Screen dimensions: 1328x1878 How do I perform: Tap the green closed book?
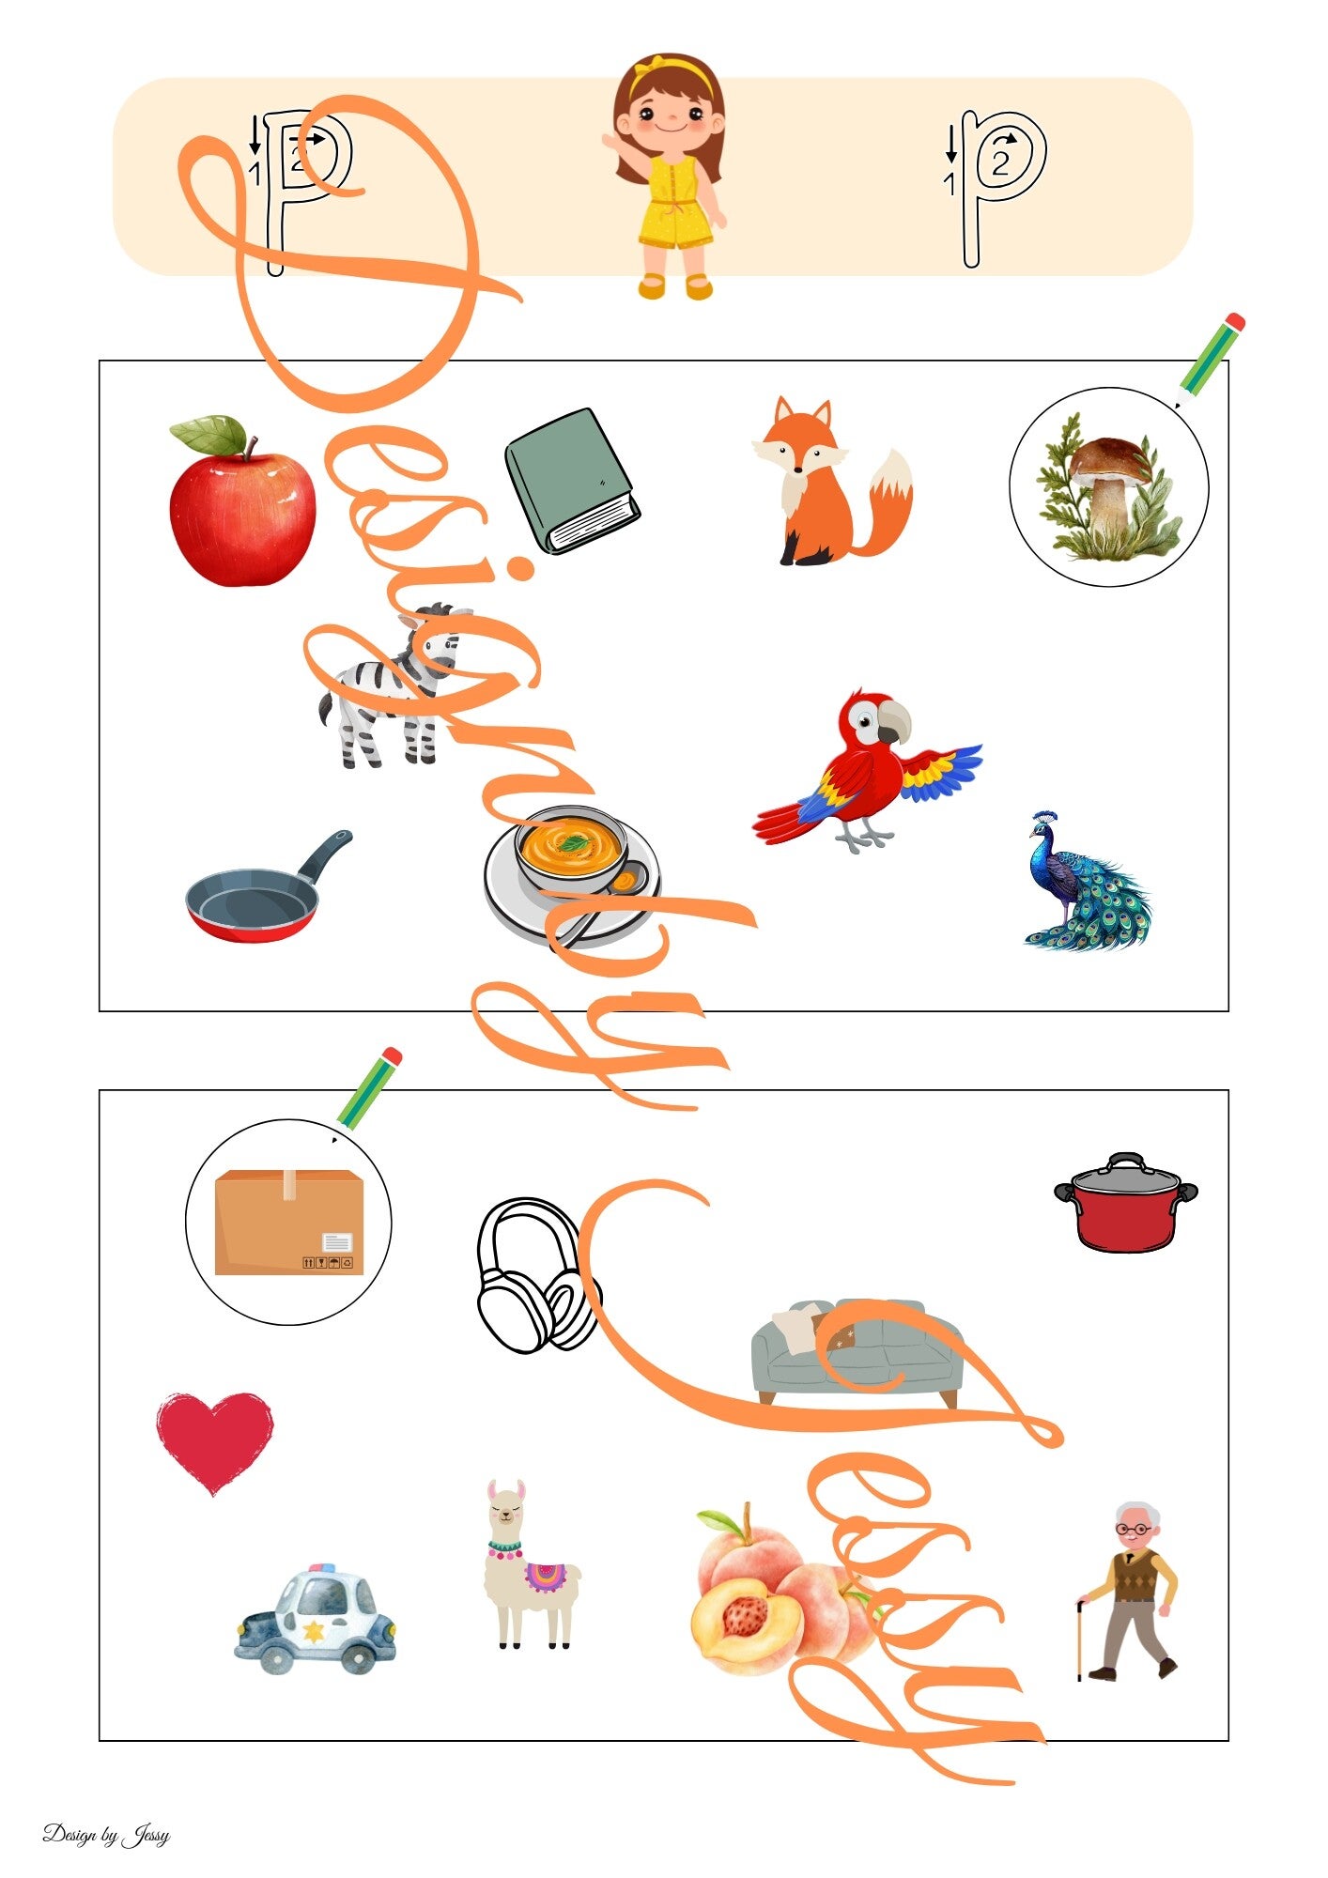pos(572,481)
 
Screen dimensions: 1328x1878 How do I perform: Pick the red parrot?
pos(867,772)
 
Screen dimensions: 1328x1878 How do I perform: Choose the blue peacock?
pos(1085,882)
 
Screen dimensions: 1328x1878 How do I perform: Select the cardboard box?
pos(288,1222)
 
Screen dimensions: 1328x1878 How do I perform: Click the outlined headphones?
pos(537,1275)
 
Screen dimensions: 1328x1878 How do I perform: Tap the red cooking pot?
pos(1125,1203)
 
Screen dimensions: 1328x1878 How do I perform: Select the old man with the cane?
pos(1127,1591)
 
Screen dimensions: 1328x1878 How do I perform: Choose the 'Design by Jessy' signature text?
pos(106,1834)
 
